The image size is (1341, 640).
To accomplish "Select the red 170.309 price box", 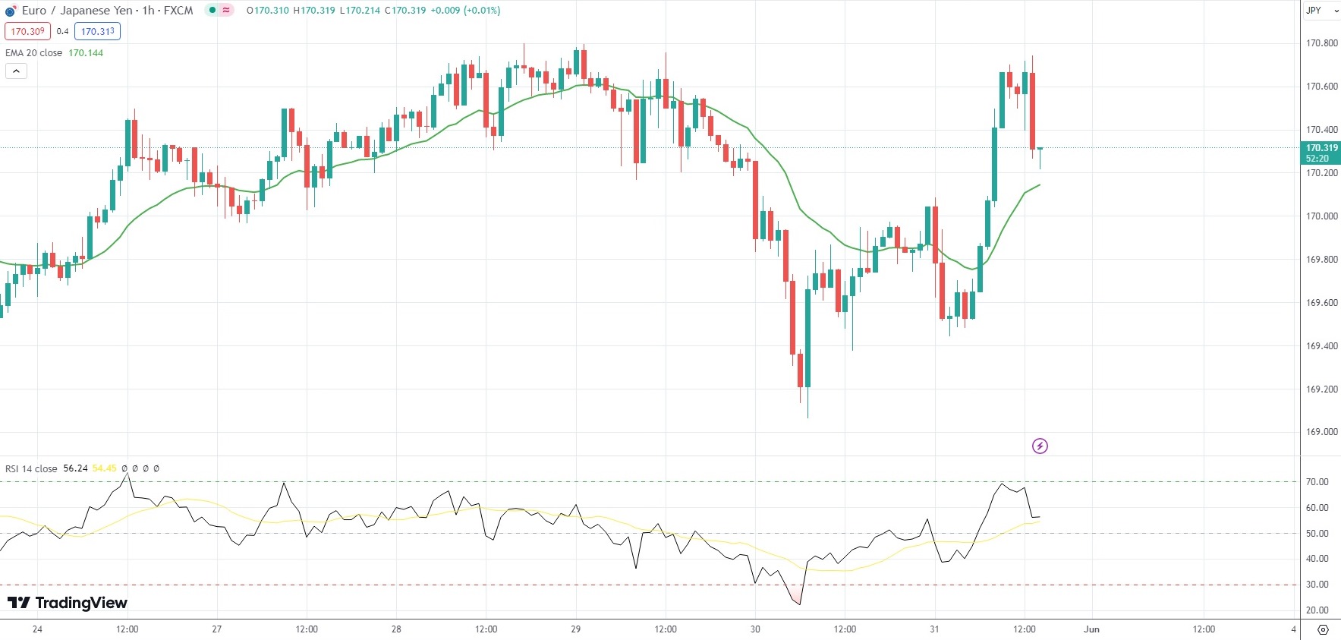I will [x=27, y=31].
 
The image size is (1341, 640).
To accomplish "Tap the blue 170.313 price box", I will [x=98, y=31].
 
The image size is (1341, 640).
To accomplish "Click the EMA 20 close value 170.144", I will [x=86, y=53].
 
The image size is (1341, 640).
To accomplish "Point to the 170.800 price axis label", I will [x=1321, y=43].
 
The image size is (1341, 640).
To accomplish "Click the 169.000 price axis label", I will [x=1321, y=432].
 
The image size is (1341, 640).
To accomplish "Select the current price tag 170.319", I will [x=1321, y=148].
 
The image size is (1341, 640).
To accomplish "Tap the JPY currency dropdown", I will [x=1321, y=11].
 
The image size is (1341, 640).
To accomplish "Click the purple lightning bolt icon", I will [x=1040, y=446].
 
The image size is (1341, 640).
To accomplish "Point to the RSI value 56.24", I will [x=75, y=468].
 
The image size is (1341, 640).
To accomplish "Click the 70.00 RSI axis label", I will [x=1317, y=482].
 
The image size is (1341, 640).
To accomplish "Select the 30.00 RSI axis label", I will [x=1317, y=585].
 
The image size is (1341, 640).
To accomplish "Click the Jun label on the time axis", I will [x=1091, y=629].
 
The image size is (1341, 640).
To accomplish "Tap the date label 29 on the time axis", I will [x=576, y=629].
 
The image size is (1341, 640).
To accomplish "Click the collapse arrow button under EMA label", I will [x=16, y=71].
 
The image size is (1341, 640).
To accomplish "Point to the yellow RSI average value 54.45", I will [x=104, y=468].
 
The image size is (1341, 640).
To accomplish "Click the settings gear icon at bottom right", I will [x=1323, y=629].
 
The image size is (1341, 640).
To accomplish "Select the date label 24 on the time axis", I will [x=38, y=629].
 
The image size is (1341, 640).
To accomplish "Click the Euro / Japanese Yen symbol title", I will [x=76, y=11].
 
